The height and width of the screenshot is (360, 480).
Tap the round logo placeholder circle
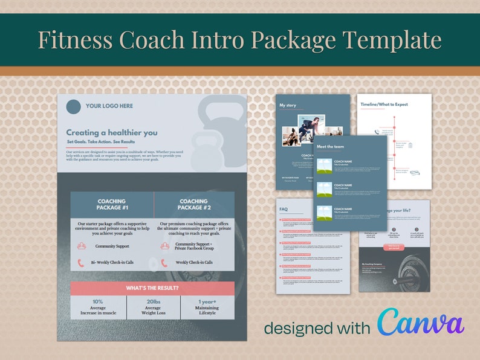[x=73, y=106]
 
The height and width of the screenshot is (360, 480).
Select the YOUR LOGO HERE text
[x=109, y=106]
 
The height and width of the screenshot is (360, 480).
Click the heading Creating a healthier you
[x=112, y=132]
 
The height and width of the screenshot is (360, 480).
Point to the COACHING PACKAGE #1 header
[x=112, y=204]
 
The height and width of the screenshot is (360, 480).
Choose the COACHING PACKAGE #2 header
[x=193, y=204]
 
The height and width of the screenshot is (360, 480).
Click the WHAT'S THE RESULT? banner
[x=152, y=288]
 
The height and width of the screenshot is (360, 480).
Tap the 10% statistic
[x=97, y=301]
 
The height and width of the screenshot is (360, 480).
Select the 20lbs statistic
[x=153, y=301]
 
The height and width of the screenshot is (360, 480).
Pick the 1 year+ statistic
[x=207, y=301]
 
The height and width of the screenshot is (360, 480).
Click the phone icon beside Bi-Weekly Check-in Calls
[x=80, y=263]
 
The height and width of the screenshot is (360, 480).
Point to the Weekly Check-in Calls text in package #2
[x=194, y=263]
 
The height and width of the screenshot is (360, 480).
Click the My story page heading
[x=288, y=105]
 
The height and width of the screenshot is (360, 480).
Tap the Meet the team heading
[x=331, y=147]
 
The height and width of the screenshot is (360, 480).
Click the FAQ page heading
[x=284, y=209]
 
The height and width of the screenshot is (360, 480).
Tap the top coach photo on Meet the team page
[x=324, y=166]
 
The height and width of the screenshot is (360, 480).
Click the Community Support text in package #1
[x=112, y=246]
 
